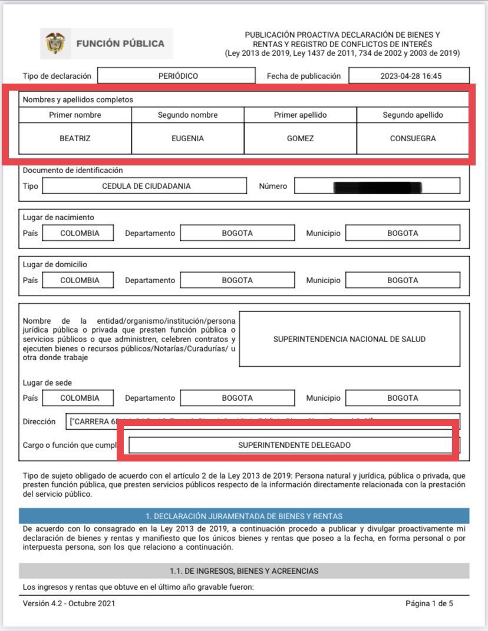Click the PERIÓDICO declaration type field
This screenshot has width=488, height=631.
point(177,76)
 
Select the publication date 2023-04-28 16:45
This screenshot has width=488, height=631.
point(411,76)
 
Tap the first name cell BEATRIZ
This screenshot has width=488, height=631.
point(75,139)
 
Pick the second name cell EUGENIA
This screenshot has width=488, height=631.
point(187,139)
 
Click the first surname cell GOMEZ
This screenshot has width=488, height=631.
point(300,139)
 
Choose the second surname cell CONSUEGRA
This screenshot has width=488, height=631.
point(413,139)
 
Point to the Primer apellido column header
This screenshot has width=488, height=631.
point(300,115)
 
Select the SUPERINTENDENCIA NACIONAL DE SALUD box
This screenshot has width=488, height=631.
point(349,339)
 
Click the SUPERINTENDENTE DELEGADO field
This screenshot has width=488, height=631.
point(294,445)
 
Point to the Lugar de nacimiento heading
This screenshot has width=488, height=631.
point(58,217)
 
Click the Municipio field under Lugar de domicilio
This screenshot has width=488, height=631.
point(403,280)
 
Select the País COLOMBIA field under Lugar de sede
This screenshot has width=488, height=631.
point(80,398)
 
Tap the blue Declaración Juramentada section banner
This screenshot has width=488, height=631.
point(244,516)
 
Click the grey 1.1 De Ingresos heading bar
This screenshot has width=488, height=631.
point(244,571)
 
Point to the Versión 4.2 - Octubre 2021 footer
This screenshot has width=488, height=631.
point(69,603)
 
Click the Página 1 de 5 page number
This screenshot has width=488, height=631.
point(429,603)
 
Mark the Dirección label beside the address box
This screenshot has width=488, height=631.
point(39,421)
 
